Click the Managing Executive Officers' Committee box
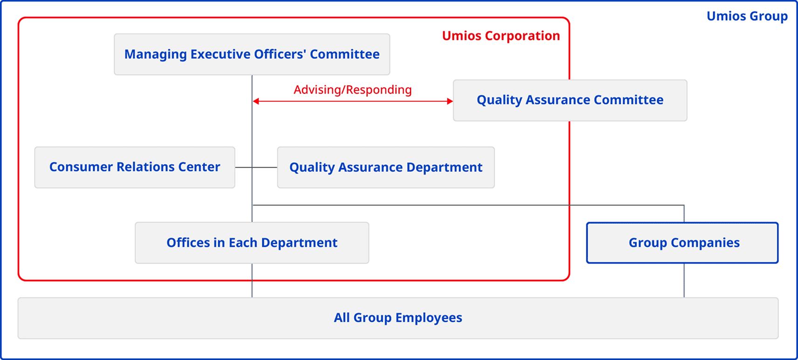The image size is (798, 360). (252, 54)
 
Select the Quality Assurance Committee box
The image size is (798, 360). (570, 100)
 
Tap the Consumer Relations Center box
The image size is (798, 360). (135, 167)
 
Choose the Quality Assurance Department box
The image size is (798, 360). (385, 167)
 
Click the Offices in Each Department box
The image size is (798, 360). (252, 242)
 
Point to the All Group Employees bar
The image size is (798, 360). (398, 318)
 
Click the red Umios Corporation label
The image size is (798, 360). (501, 36)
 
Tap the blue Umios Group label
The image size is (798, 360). (747, 16)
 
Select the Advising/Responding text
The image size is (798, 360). (352, 90)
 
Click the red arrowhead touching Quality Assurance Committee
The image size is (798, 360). (450, 101)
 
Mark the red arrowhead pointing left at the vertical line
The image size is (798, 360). (256, 101)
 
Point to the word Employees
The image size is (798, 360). (429, 318)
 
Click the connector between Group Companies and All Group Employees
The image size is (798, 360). (684, 280)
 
